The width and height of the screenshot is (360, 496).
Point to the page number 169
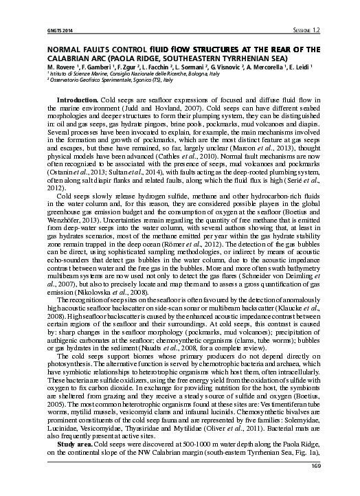tap(316, 486)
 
